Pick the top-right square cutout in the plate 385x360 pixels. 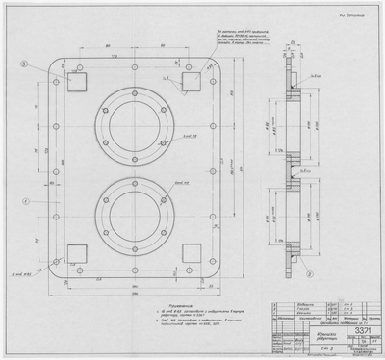[189, 84]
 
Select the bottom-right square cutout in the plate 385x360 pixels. [189, 255]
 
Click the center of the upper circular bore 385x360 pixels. [132, 118]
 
